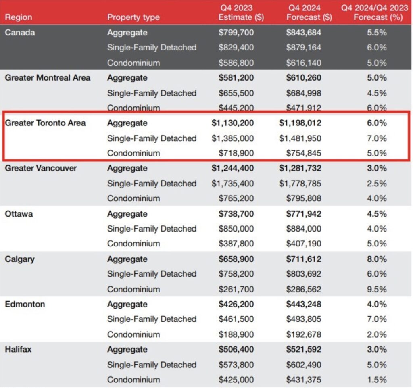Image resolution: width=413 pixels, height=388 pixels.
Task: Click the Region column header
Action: [x=18, y=17]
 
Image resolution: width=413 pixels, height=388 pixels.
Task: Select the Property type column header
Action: [x=133, y=17]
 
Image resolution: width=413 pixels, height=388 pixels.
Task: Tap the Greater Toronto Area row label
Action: [x=45, y=123]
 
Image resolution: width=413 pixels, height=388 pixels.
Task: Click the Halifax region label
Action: [x=18, y=349]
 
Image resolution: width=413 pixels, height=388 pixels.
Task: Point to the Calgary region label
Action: [x=19, y=259]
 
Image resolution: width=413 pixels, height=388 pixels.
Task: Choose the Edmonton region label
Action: [x=25, y=304]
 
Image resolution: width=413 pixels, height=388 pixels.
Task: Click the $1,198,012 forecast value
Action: [x=300, y=123]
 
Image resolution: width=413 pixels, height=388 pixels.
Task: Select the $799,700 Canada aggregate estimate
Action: [x=236, y=33]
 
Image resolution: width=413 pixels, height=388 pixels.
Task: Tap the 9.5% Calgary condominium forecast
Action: [x=377, y=289]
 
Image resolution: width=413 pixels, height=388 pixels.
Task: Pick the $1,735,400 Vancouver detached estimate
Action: [x=233, y=184]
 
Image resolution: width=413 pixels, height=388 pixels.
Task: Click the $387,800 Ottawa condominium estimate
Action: [x=236, y=244]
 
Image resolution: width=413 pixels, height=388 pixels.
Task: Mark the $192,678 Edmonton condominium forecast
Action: [x=304, y=334]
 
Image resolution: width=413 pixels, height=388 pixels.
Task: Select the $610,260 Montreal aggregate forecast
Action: [x=304, y=78]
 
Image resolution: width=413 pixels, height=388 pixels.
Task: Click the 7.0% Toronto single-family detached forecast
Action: [x=377, y=138]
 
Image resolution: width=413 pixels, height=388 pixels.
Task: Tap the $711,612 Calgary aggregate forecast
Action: [x=304, y=259]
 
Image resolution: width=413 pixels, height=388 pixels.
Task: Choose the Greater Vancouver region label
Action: [x=41, y=168]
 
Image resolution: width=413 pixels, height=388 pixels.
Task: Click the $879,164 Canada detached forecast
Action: [x=304, y=48]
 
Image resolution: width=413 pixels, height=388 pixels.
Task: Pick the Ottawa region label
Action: [x=19, y=214]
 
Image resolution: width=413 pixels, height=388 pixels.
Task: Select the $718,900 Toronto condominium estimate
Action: [x=236, y=153]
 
